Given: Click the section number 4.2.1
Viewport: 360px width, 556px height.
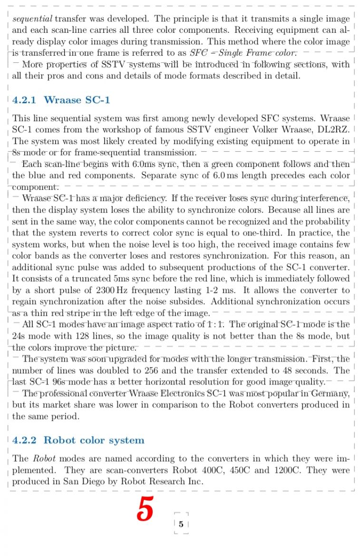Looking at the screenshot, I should click(x=24, y=100).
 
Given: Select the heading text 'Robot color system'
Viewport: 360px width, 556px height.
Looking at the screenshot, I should click(x=94, y=440).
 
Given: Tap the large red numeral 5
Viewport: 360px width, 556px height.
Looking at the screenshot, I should click(x=145, y=509).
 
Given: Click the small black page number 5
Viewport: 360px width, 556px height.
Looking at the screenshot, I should click(x=181, y=525).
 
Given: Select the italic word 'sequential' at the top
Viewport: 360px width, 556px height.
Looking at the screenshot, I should click(x=32, y=19).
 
